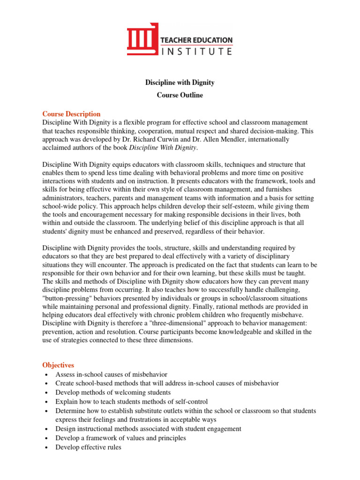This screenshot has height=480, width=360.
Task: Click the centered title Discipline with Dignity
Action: click(180, 82)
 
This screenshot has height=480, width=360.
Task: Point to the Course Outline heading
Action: click(180, 95)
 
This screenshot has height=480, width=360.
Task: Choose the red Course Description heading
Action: click(71, 114)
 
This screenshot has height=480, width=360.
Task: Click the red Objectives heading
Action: click(58, 365)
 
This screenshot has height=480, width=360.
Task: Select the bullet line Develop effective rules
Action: click(88, 447)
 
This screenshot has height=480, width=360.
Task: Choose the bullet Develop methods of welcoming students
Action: click(113, 392)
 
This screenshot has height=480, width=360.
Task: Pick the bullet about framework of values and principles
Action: click(120, 438)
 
